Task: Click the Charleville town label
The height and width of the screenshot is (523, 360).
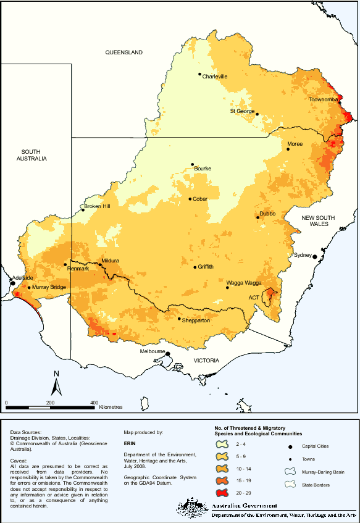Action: click(x=216, y=77)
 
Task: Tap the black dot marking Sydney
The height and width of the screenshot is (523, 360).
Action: click(x=314, y=256)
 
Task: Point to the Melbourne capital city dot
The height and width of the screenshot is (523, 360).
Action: click(x=167, y=354)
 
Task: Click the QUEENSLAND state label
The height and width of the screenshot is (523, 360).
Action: click(x=123, y=52)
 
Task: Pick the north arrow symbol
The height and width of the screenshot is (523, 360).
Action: click(x=56, y=383)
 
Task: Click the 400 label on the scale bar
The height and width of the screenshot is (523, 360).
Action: click(x=94, y=403)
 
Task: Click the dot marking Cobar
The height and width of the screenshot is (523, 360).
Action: click(x=190, y=199)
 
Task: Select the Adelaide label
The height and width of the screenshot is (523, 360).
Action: click(x=22, y=278)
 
